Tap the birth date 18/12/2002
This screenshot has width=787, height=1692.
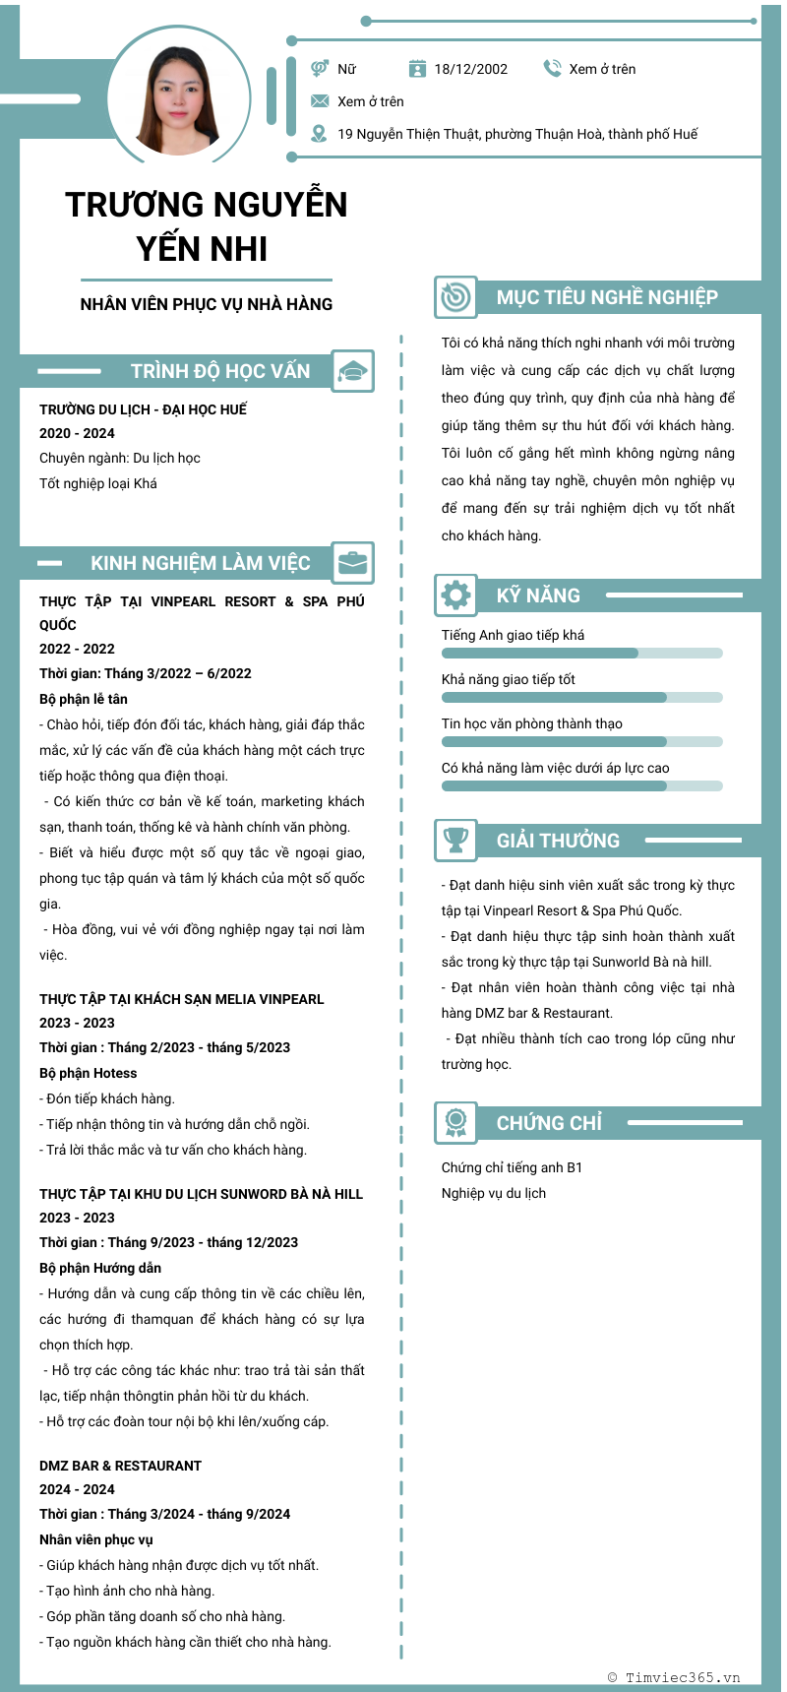(x=471, y=69)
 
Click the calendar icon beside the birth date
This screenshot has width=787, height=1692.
(x=417, y=68)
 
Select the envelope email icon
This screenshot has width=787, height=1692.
(x=320, y=101)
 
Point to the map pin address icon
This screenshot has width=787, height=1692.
(x=319, y=134)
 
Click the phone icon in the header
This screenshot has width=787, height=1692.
(x=552, y=68)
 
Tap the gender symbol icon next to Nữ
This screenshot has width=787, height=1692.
(x=320, y=68)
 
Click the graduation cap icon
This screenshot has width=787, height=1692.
(x=352, y=371)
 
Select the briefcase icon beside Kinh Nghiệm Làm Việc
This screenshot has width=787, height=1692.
(x=352, y=563)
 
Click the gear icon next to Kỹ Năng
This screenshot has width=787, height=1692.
(x=455, y=595)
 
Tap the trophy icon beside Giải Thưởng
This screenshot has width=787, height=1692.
(x=455, y=841)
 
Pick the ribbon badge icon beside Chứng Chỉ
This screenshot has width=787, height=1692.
(x=455, y=1123)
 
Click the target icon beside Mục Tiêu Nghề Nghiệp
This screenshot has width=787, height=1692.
(x=455, y=296)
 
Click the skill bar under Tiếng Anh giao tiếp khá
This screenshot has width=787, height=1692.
(x=581, y=653)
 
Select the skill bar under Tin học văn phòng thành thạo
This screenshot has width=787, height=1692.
(x=581, y=741)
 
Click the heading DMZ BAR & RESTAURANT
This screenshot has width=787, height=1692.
(x=120, y=1466)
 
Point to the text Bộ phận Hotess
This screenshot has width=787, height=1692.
(x=89, y=1073)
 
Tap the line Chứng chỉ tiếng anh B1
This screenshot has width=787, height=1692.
(x=512, y=1167)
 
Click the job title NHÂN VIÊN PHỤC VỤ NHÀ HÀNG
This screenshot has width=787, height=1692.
(x=207, y=304)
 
